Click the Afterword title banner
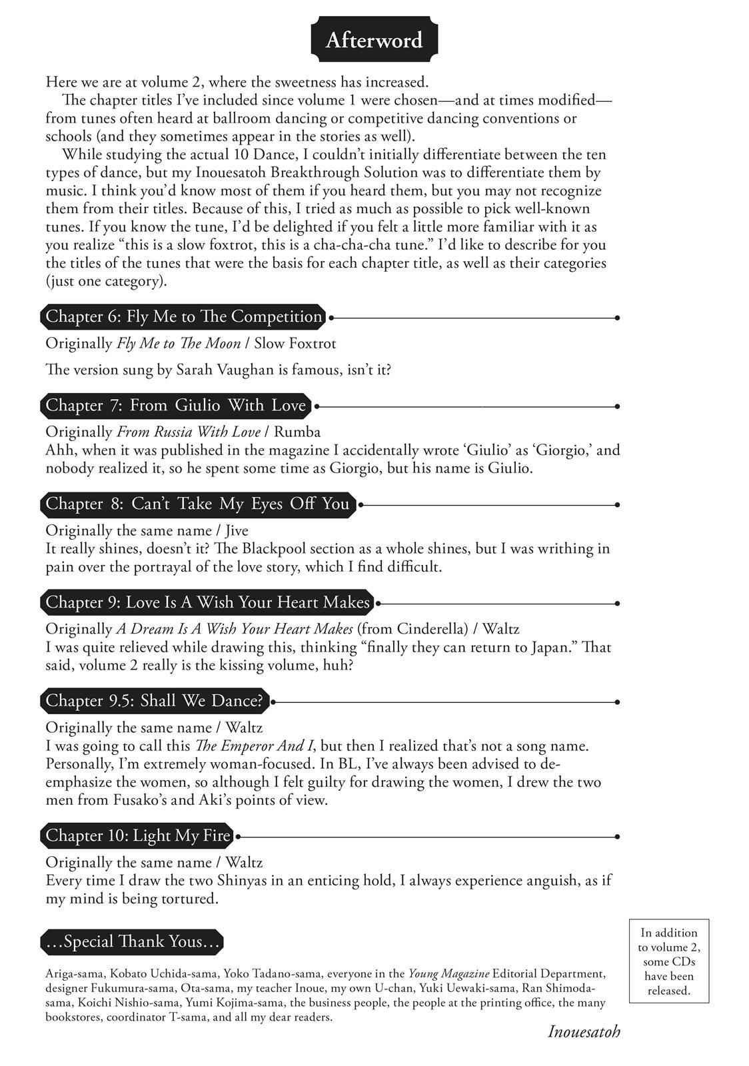[x=374, y=40]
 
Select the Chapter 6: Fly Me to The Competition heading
[x=184, y=316]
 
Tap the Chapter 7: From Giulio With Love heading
[x=176, y=405]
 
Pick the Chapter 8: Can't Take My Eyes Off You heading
[x=198, y=504]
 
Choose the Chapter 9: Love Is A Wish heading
[x=207, y=602]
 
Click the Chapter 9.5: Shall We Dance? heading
[x=155, y=701]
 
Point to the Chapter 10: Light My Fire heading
[x=138, y=835]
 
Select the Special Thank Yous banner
[x=132, y=941]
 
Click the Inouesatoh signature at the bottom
[x=584, y=1032]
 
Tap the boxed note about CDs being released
[x=669, y=961]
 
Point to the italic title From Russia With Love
[x=189, y=432]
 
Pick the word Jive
[x=237, y=530]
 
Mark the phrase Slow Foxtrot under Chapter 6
[x=295, y=343]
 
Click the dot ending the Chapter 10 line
[x=618, y=836]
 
